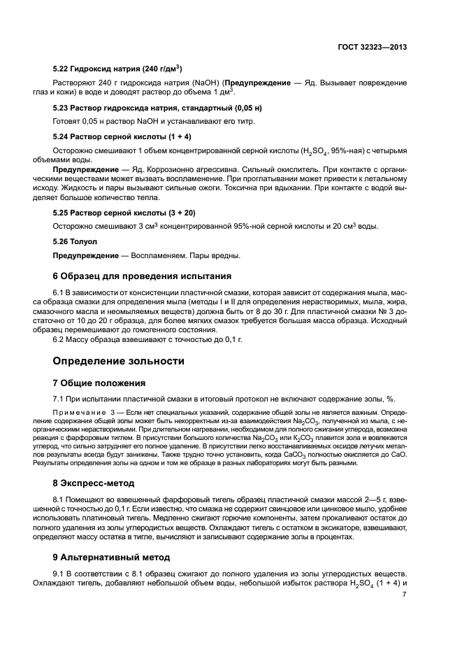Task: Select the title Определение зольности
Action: pyautogui.click(x=119, y=361)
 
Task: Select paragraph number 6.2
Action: pyautogui.click(x=59, y=340)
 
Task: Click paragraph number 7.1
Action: pyautogui.click(x=59, y=399)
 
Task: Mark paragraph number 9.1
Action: pyautogui.click(x=59, y=573)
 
